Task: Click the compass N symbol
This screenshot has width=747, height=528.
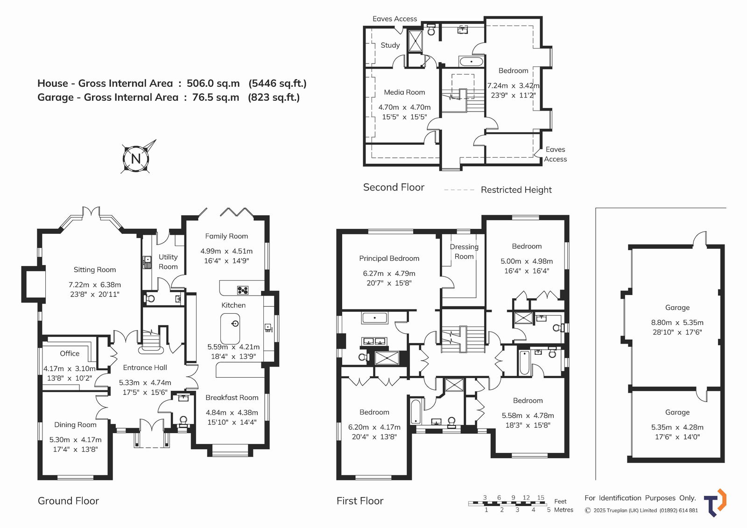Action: pos(136,158)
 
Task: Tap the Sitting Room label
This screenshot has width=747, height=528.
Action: pos(95,269)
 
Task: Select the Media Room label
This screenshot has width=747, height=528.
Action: pos(404,92)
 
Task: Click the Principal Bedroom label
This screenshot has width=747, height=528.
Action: pos(389,258)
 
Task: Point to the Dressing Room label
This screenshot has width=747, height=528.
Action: pos(464,252)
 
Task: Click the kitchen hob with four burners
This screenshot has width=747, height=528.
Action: pos(242,290)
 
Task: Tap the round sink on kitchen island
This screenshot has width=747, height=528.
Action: pos(235,324)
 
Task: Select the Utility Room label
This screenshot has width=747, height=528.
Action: pos(168,261)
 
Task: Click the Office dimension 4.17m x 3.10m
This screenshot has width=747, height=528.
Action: pos(70,368)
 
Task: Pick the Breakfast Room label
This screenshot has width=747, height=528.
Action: pos(232,397)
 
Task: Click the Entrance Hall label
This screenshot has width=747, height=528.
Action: pos(145,367)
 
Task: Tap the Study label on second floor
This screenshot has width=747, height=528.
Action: pos(390,45)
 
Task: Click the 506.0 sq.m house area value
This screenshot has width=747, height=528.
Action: pos(213,83)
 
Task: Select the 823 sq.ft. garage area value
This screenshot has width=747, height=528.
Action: pos(274,97)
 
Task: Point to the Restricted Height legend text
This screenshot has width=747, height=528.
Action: pos(516,190)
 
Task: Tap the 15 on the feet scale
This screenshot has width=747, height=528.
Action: pos(541,498)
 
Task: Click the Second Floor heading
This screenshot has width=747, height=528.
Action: pos(394,187)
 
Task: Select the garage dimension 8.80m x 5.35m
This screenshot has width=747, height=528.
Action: pos(677,323)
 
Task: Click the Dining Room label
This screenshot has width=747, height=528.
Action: pos(75,425)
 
